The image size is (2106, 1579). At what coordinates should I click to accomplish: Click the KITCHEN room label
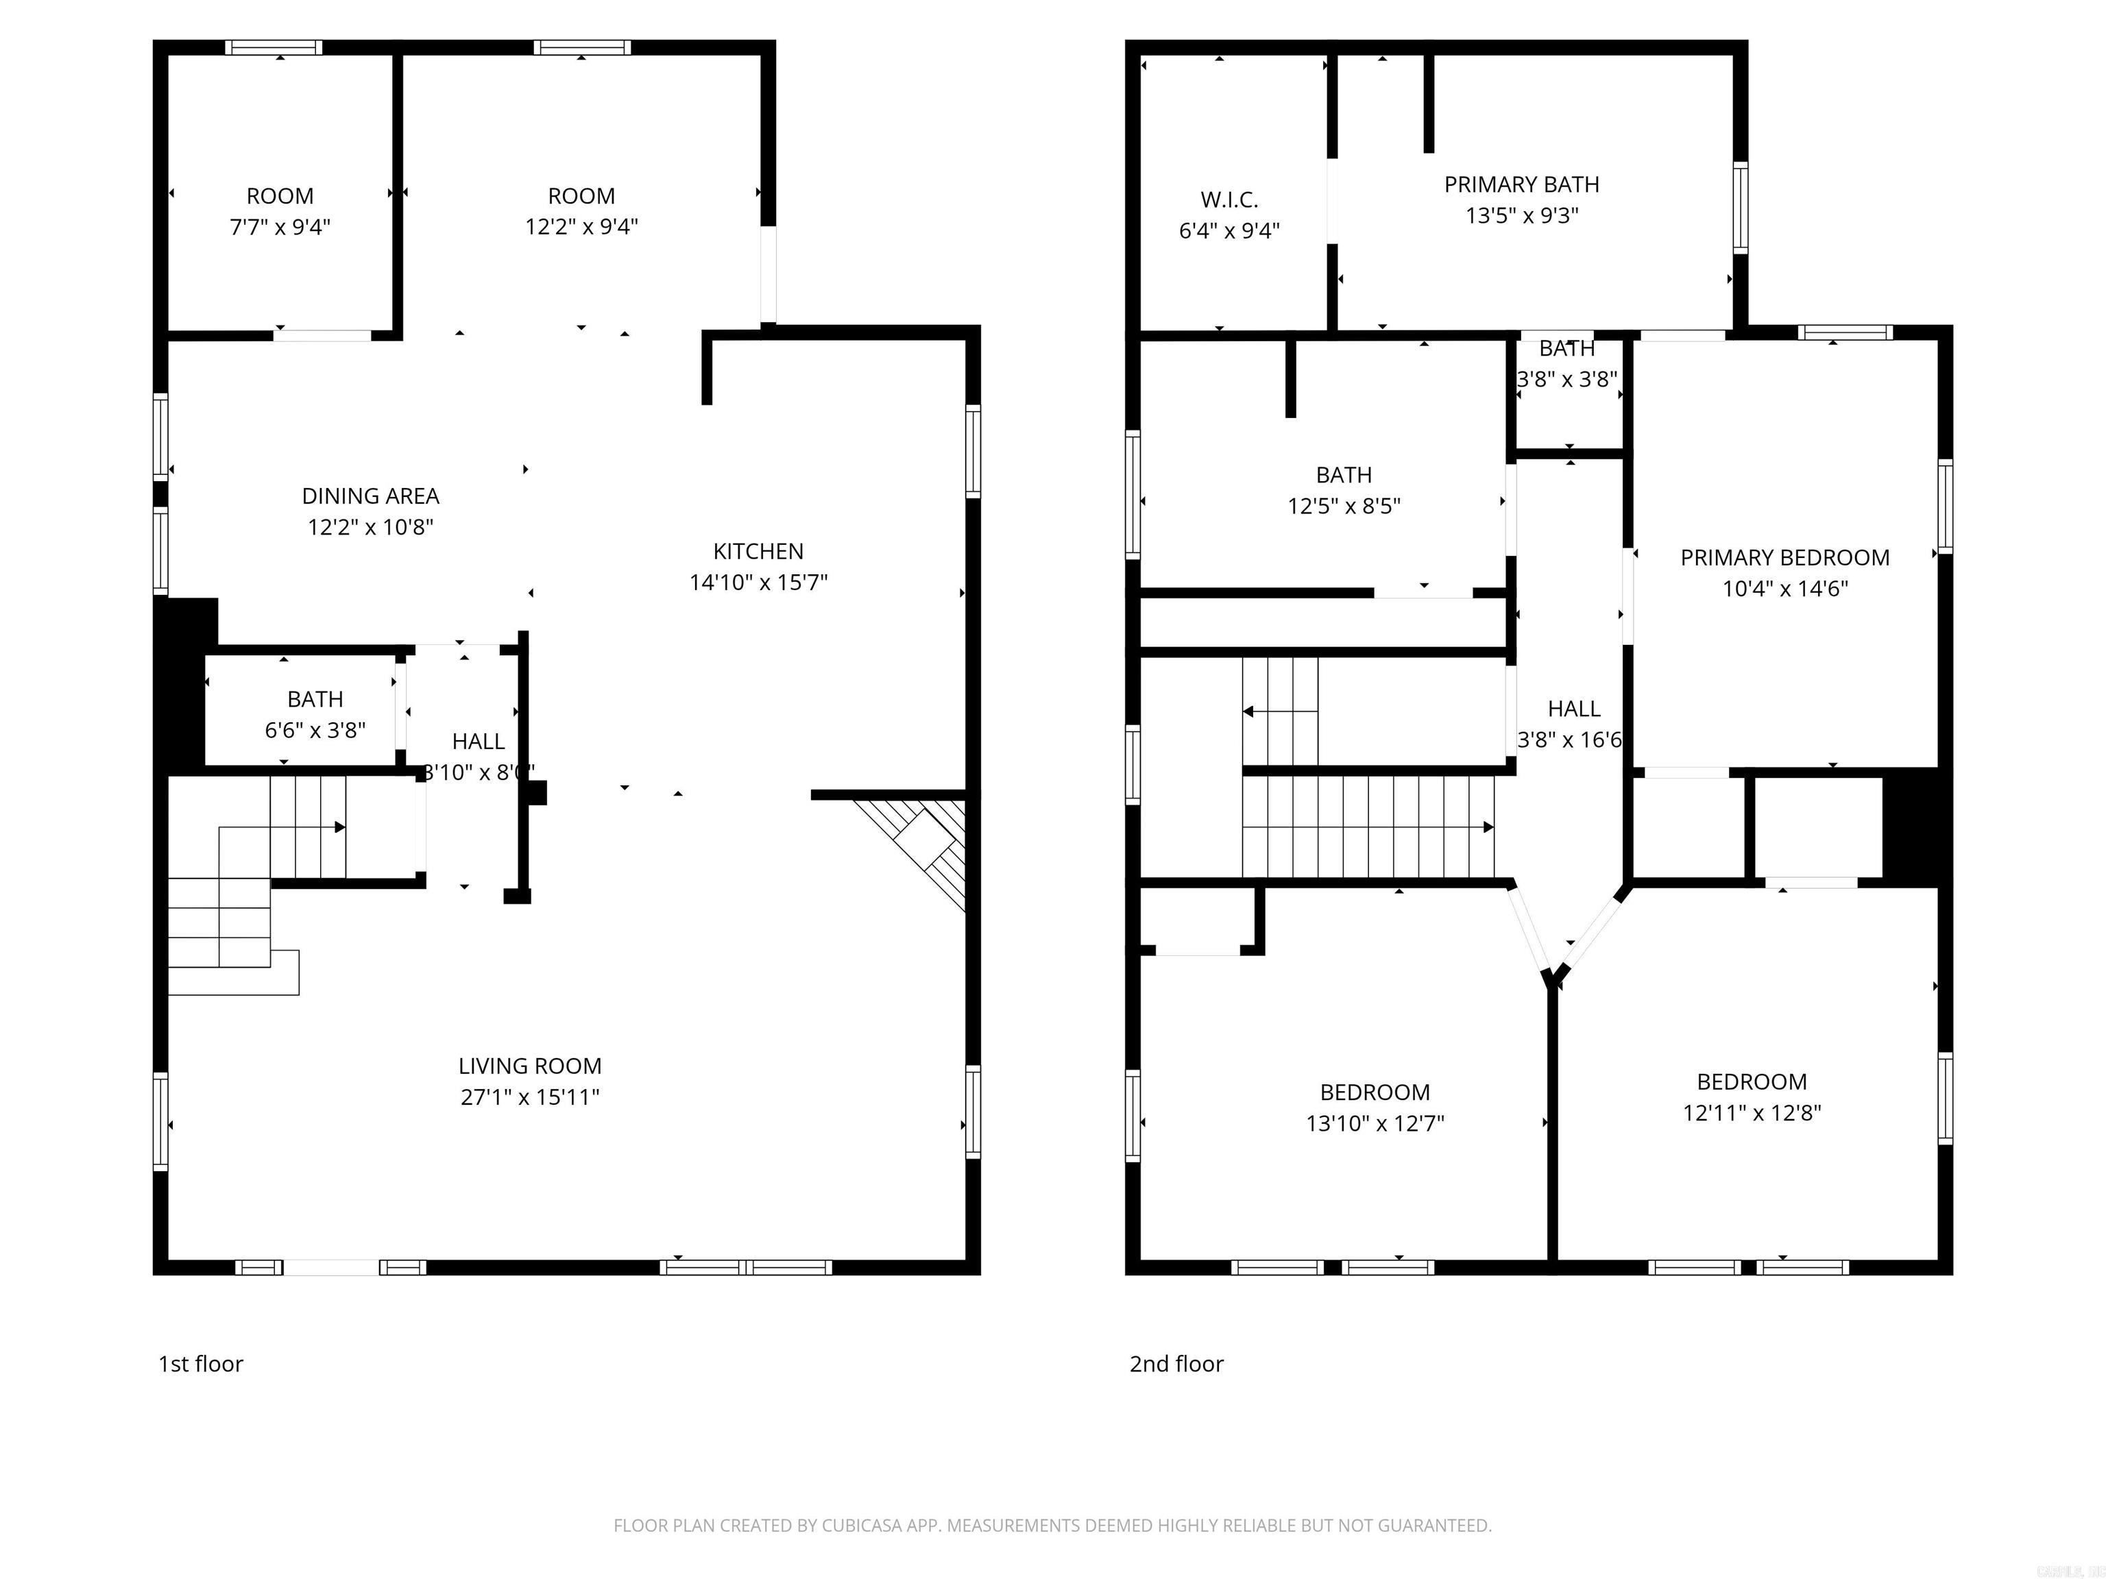click(x=758, y=551)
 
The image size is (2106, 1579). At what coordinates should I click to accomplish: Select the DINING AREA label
click(x=370, y=496)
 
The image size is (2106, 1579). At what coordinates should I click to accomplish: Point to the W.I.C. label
click(x=1228, y=200)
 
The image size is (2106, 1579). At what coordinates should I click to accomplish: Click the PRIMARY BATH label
click(x=1521, y=184)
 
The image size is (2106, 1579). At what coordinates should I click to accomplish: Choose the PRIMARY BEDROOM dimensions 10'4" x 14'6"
click(x=1784, y=588)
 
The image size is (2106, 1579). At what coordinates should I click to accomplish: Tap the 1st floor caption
click(x=201, y=1364)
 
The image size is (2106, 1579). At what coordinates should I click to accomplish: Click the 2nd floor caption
click(x=1176, y=1364)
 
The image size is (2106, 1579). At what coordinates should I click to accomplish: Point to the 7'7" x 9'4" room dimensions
click(x=280, y=227)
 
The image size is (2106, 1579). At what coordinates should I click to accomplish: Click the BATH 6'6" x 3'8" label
click(x=315, y=700)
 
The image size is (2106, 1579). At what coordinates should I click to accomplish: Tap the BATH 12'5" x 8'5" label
click(x=1344, y=475)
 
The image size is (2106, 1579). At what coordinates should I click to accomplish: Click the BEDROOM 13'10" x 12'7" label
click(x=1374, y=1092)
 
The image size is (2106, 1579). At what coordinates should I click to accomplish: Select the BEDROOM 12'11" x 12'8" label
click(x=1751, y=1082)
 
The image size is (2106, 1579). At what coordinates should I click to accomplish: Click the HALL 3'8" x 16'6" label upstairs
click(x=1573, y=709)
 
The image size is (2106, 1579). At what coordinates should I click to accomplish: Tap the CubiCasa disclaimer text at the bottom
click(x=1052, y=1526)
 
